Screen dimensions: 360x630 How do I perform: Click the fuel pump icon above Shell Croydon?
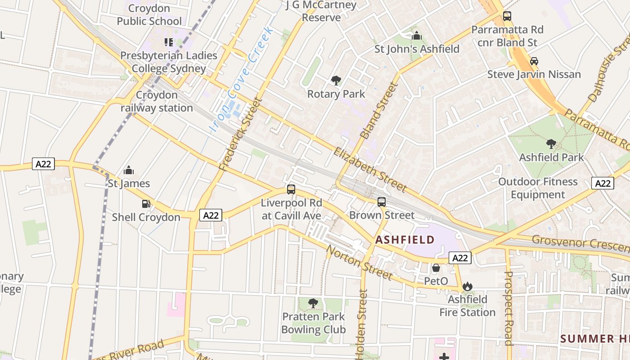pos(146,204)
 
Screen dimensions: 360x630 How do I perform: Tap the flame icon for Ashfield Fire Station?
pos(468,286)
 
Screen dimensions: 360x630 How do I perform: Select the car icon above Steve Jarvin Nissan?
pos(534,61)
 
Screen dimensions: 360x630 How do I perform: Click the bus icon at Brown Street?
pos(382,202)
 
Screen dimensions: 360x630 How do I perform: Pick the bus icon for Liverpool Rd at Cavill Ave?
pos(291,189)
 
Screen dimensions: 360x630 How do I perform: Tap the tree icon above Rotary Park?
pos(336,81)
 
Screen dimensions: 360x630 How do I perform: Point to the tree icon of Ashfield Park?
pos(551,144)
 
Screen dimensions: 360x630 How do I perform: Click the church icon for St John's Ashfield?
pos(417,36)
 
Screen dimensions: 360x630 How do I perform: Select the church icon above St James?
pos(129,170)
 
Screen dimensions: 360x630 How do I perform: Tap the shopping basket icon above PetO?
pos(436,268)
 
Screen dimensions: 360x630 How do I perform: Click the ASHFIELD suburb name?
pos(405,240)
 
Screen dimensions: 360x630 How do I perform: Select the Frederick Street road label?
pos(241,134)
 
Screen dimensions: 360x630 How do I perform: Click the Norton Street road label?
pos(359,262)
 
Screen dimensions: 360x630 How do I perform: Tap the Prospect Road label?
pos(508,308)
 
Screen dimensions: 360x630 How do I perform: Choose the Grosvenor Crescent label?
pos(580,243)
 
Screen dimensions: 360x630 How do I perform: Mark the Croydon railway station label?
pos(157,102)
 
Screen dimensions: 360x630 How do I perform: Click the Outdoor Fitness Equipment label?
pos(538,188)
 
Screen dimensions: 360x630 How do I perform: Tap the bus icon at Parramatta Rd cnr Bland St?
pos(507,16)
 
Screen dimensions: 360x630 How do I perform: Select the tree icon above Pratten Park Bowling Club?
pos(313,303)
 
